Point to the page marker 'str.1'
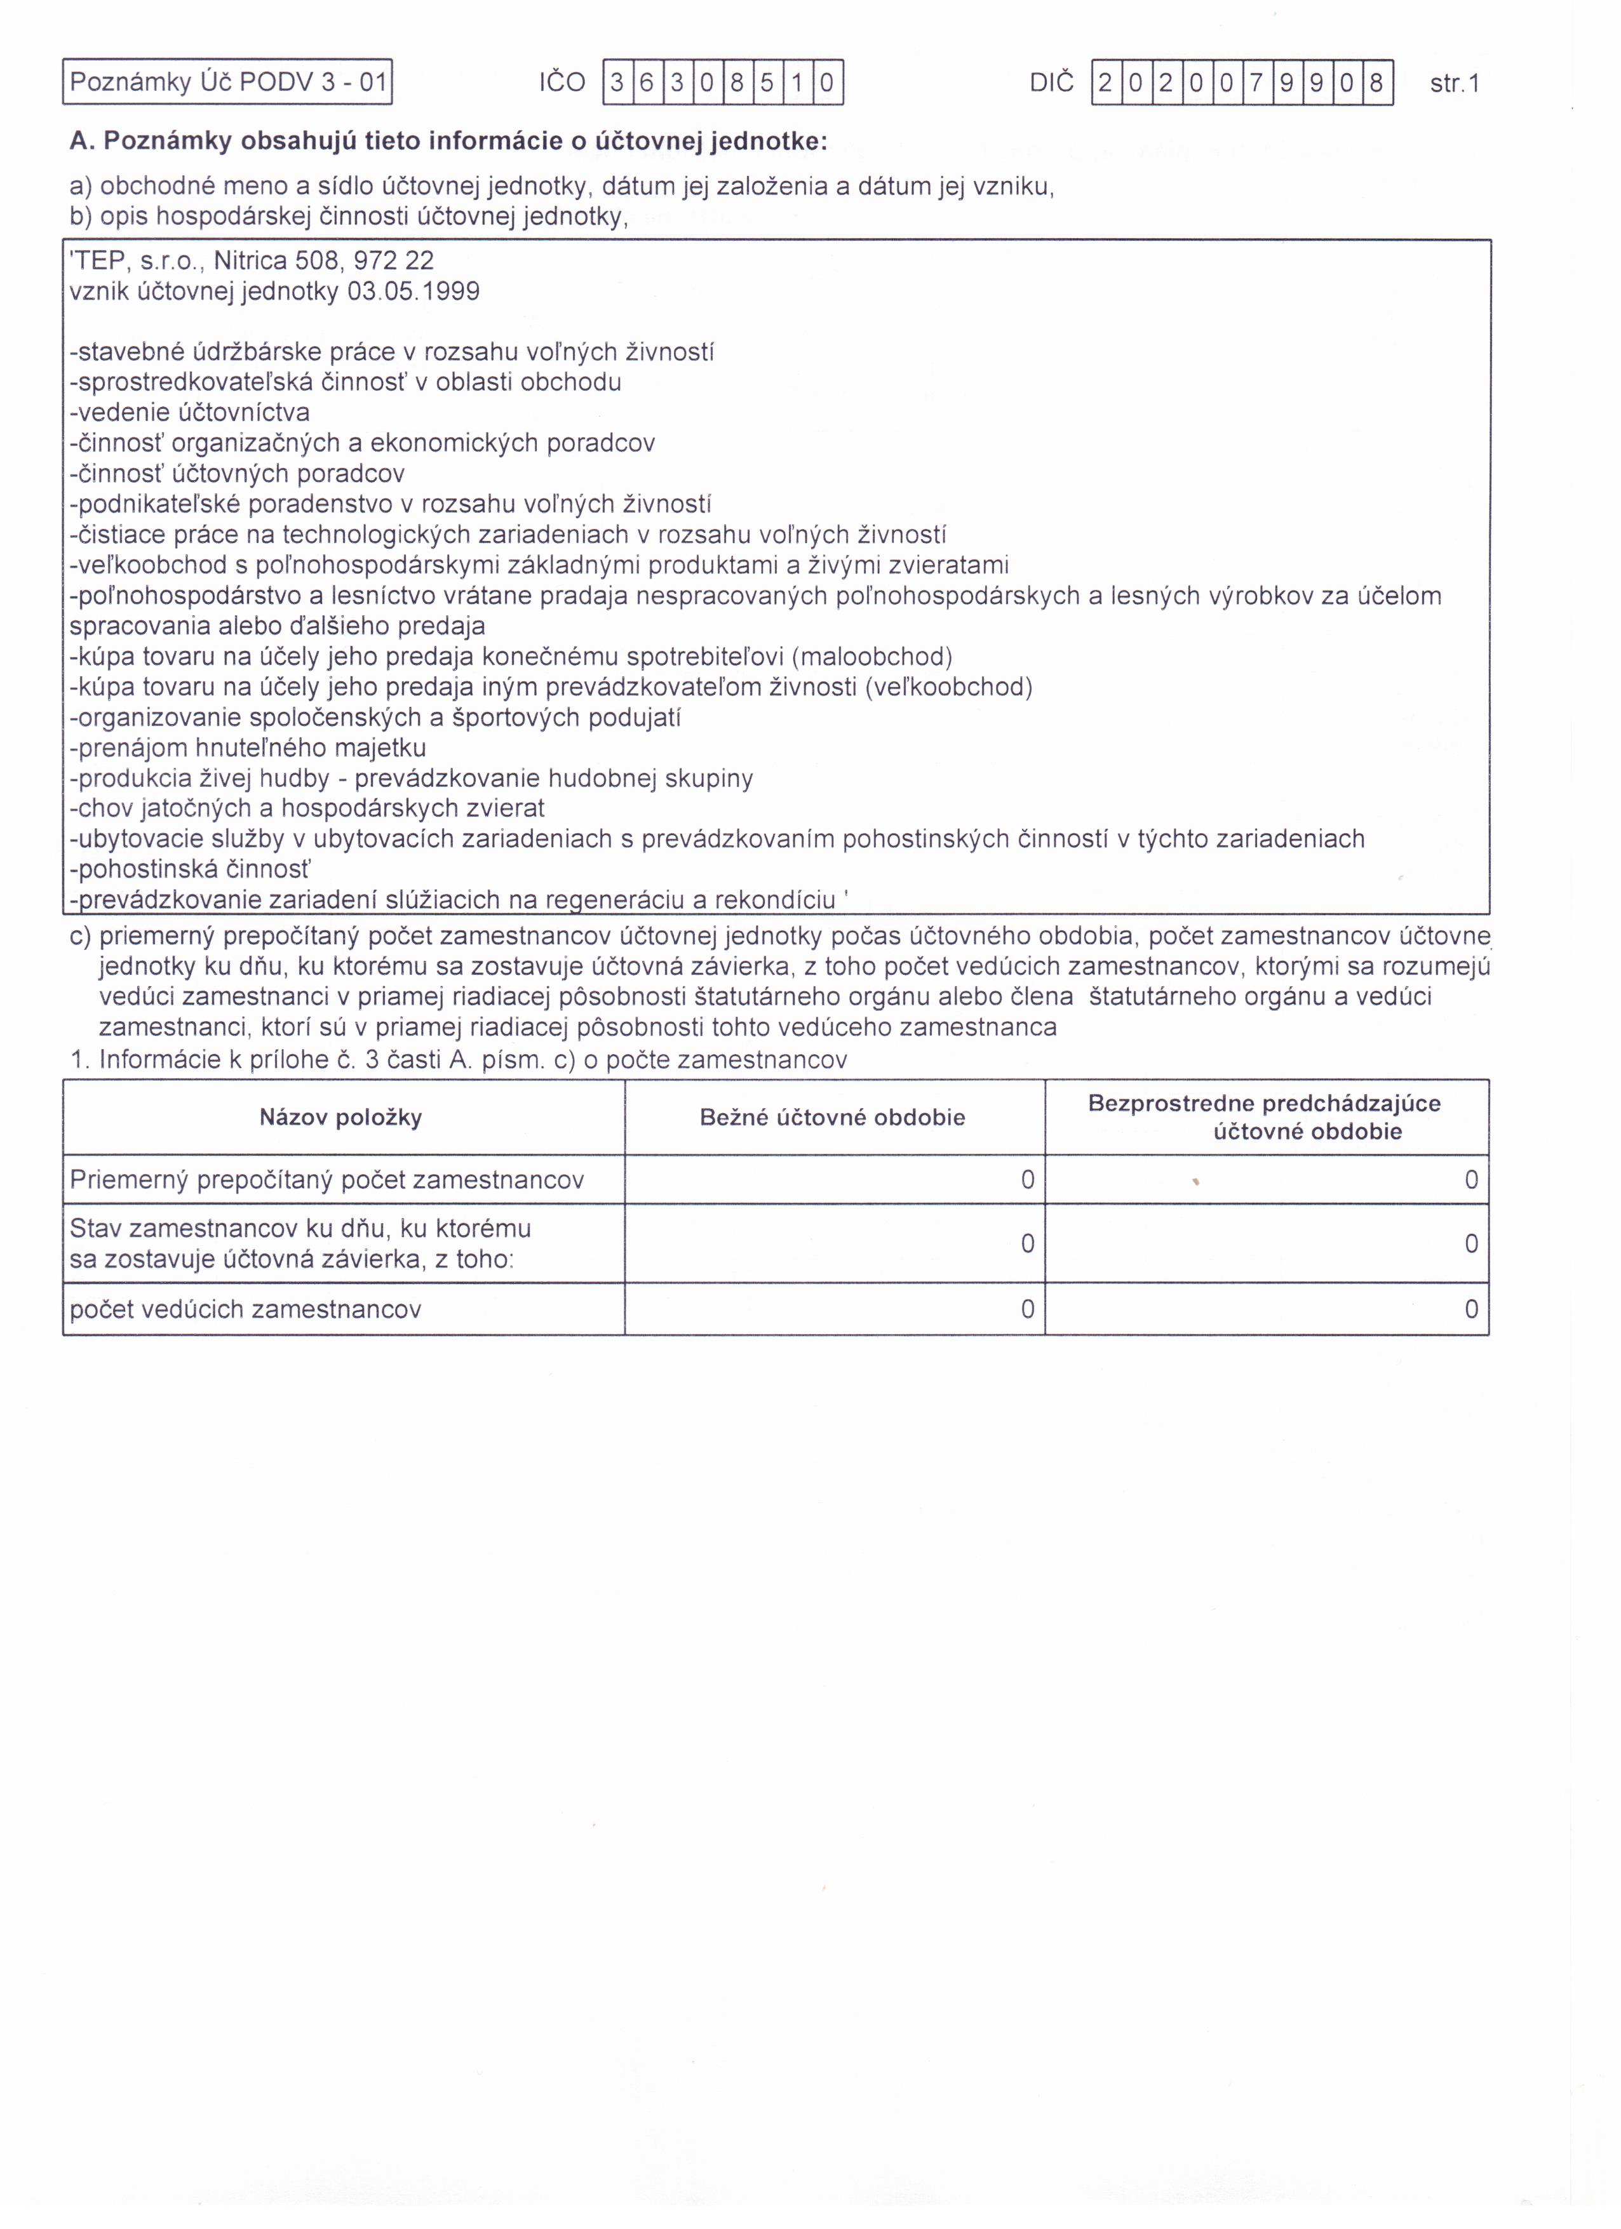point(1455,84)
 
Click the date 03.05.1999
point(414,292)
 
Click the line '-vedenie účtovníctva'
point(190,413)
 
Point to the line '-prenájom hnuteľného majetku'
point(248,748)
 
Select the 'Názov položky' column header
point(341,1118)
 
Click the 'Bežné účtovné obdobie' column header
point(833,1118)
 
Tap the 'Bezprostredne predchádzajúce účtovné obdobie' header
point(1265,1118)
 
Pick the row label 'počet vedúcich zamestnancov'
point(246,1309)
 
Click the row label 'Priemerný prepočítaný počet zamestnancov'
point(327,1181)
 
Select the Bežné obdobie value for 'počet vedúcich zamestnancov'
point(1027,1309)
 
